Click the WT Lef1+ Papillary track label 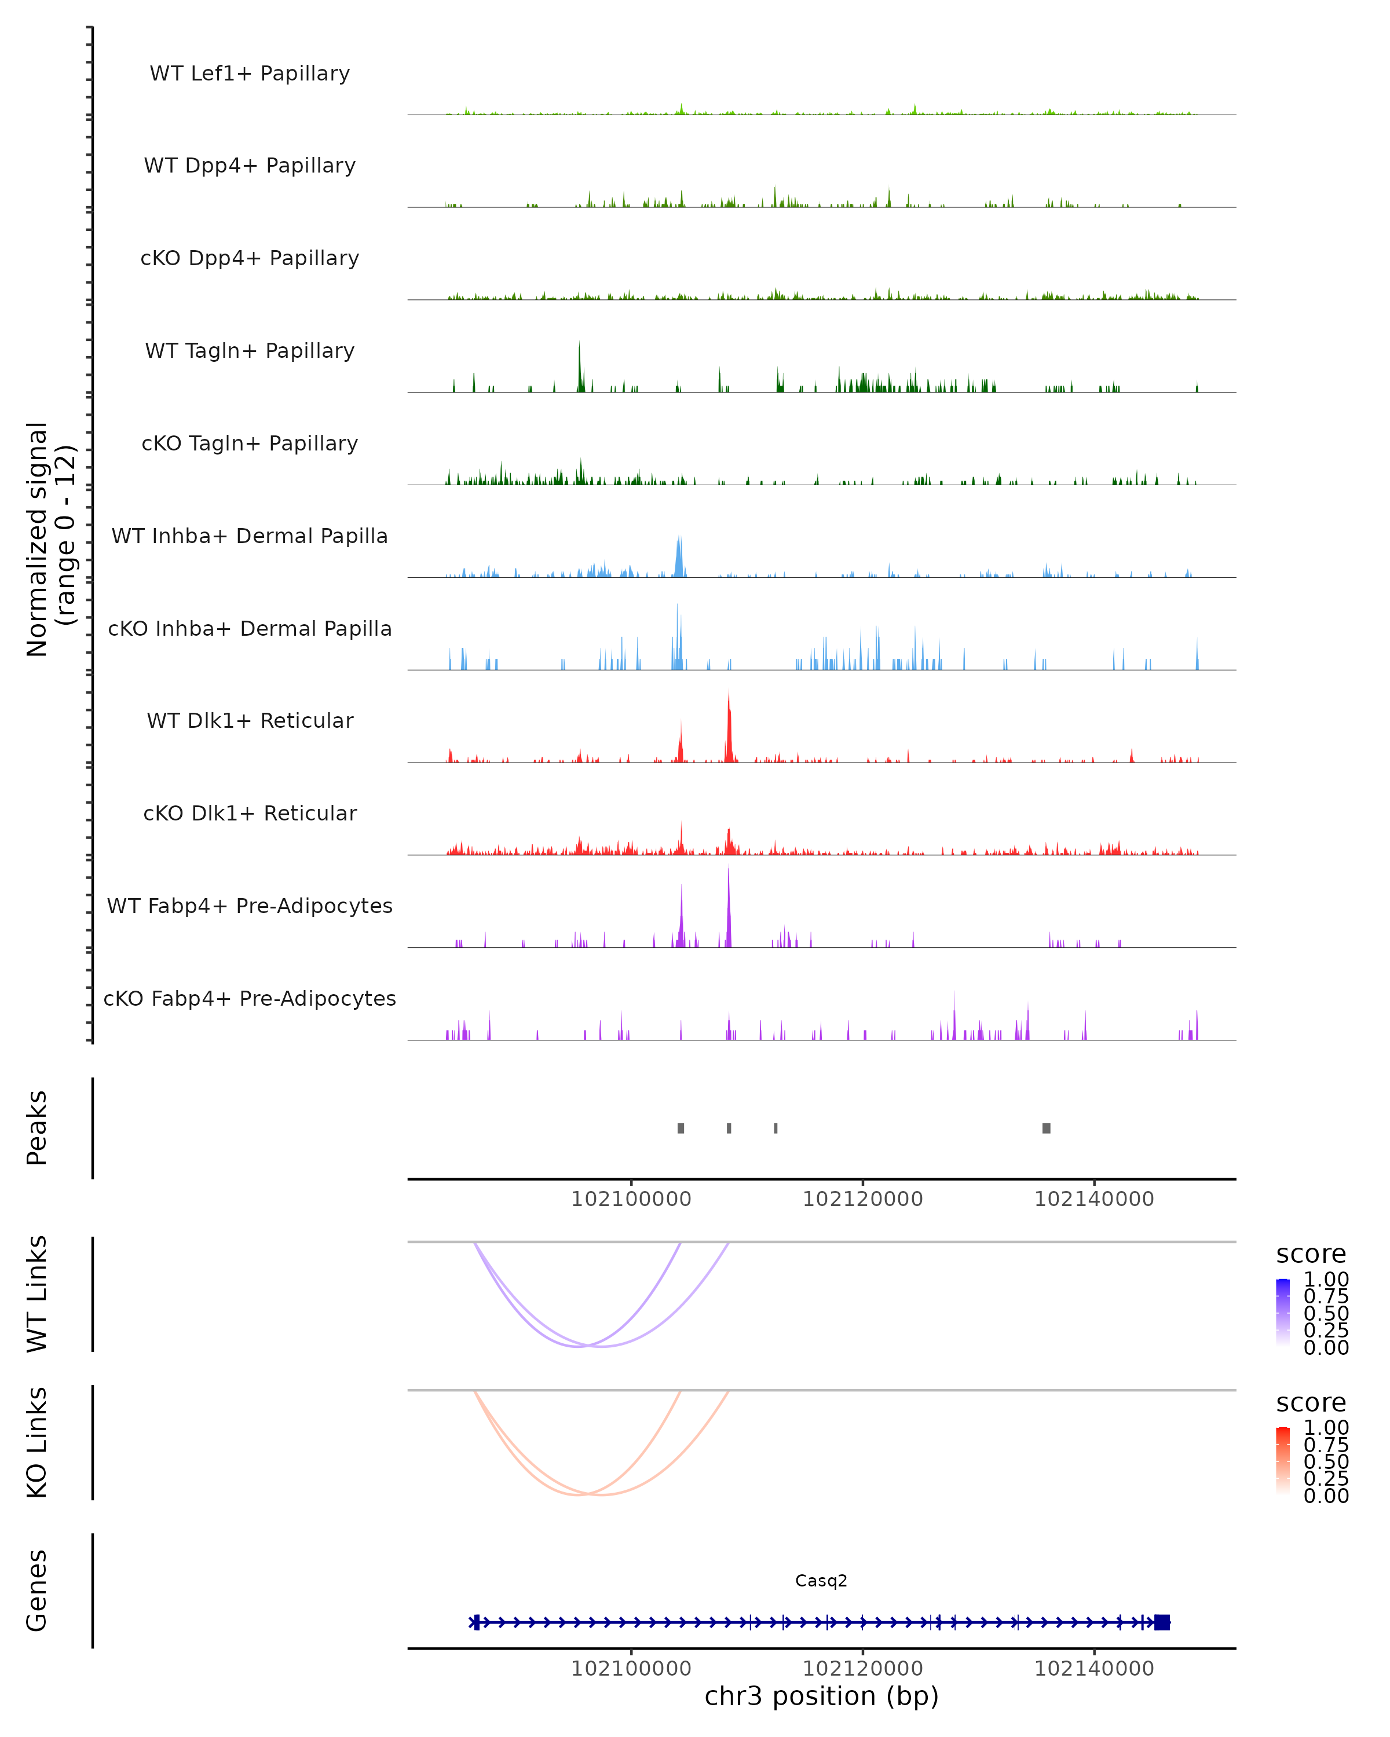coord(250,74)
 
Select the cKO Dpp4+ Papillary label coord(250,259)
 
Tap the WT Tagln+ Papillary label coord(250,351)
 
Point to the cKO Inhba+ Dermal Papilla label coord(250,629)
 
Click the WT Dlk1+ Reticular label coord(250,721)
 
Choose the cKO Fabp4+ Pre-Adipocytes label coord(250,999)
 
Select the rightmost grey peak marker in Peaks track coord(1046,1128)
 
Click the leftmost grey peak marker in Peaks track coord(681,1128)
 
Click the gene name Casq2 coord(821,1581)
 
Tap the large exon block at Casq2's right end coord(1161,1622)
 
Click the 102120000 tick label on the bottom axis coord(862,1669)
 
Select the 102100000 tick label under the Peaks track coord(631,1200)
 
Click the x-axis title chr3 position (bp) coord(821,1696)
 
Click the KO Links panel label coord(37,1443)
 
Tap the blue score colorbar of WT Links coord(1283,1311)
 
